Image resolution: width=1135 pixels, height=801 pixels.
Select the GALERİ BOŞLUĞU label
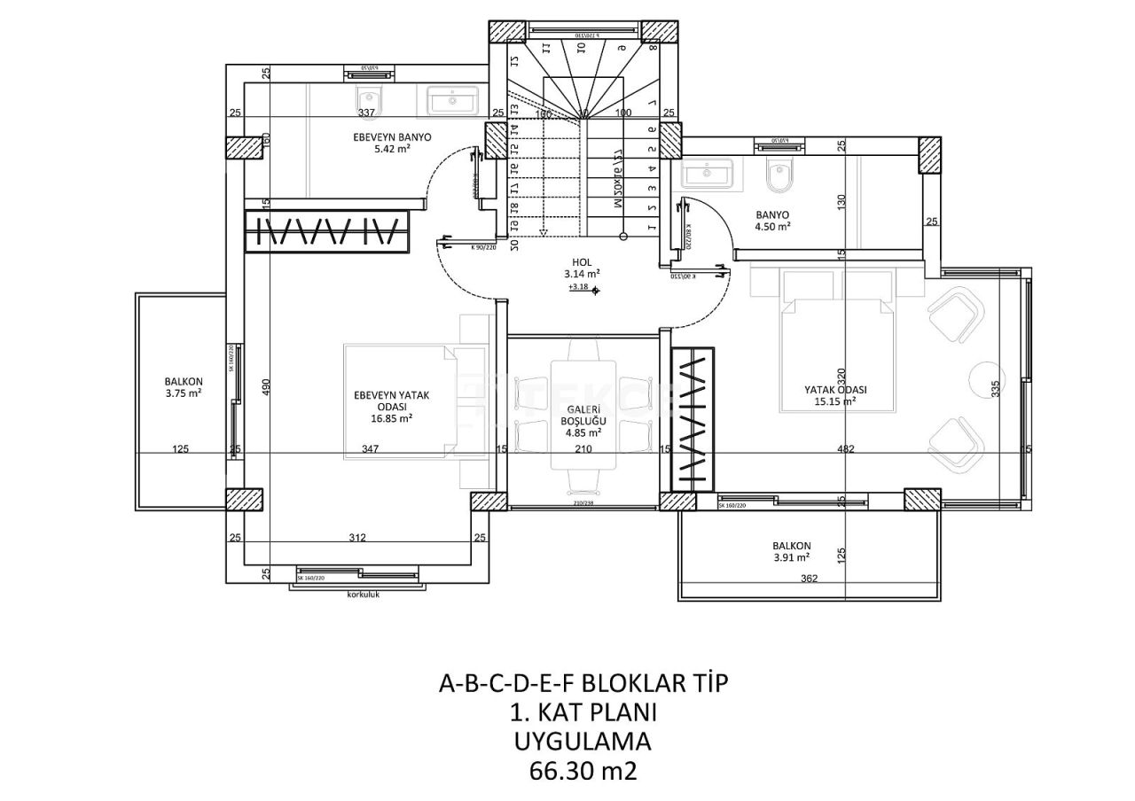pos(583,421)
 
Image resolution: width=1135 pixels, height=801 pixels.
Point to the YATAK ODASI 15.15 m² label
pos(834,395)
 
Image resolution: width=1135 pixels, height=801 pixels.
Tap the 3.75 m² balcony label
pos(184,387)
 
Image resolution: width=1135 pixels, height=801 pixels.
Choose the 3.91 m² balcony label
pos(791,551)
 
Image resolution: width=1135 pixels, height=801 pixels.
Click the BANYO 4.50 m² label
pos(772,221)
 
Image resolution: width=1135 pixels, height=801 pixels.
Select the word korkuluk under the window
pos(364,595)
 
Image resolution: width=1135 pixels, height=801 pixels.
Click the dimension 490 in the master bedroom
pos(266,387)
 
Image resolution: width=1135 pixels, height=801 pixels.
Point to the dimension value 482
pos(845,449)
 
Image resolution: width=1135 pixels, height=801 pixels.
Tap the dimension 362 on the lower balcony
pos(809,579)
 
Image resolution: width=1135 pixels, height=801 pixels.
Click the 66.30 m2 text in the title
pos(583,771)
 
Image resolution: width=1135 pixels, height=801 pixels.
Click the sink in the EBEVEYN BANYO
pos(452,100)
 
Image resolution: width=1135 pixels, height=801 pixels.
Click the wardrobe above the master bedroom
pos(327,232)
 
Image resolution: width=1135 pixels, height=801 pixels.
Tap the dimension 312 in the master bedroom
pos(357,538)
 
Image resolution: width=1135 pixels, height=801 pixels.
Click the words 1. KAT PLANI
pos(583,712)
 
